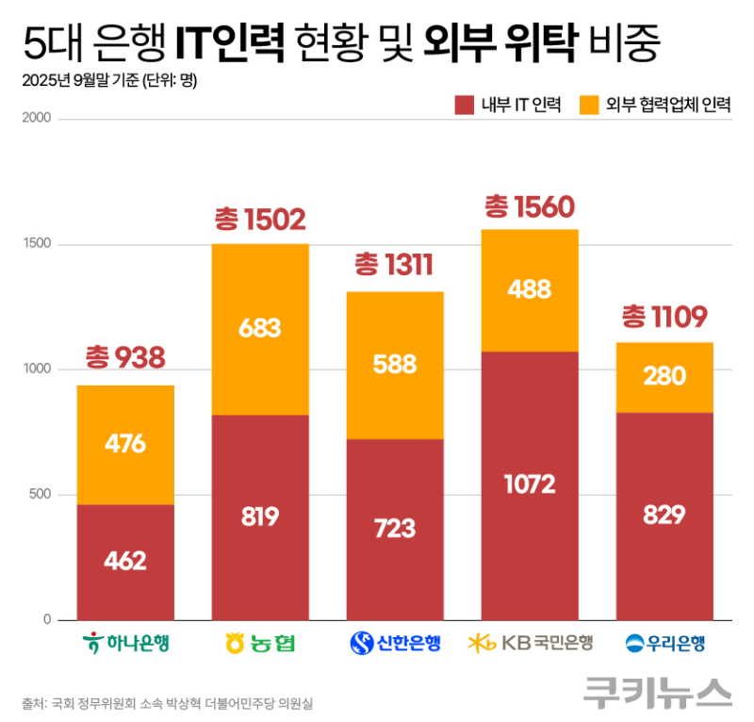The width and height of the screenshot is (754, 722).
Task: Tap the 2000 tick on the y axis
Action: [x=41, y=120]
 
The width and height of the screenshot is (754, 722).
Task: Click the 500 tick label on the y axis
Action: [x=45, y=495]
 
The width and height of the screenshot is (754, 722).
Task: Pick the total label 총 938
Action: [x=125, y=357]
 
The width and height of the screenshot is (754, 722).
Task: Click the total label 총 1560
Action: [x=529, y=205]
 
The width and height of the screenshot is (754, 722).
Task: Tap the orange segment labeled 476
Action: [x=125, y=445]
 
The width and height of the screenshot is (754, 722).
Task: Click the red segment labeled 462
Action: [x=125, y=562]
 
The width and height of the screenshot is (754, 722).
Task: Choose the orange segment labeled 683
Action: [x=260, y=329]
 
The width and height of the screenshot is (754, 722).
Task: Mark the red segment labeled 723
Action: [x=395, y=529]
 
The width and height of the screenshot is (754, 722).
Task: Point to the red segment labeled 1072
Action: [x=529, y=484]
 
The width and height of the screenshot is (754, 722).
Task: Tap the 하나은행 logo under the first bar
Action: [x=125, y=645]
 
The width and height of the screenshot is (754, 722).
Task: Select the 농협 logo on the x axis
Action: [x=260, y=645]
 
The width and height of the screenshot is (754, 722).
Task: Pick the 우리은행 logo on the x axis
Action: [x=665, y=645]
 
